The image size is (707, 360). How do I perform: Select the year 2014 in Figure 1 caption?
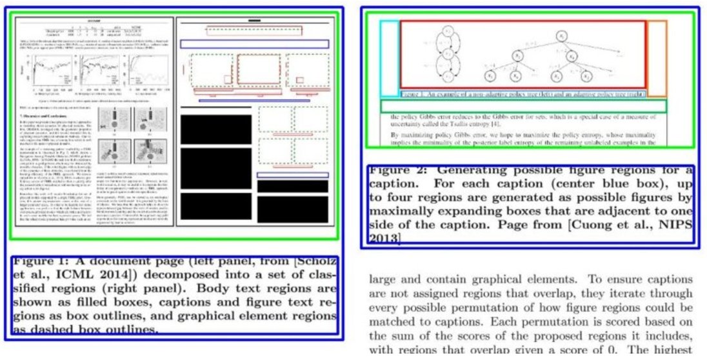tap(112, 274)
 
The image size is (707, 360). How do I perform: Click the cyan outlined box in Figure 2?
tap(389, 58)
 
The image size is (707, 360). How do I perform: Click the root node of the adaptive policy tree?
tap(563, 35)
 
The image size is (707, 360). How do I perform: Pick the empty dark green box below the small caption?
tap(523, 106)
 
